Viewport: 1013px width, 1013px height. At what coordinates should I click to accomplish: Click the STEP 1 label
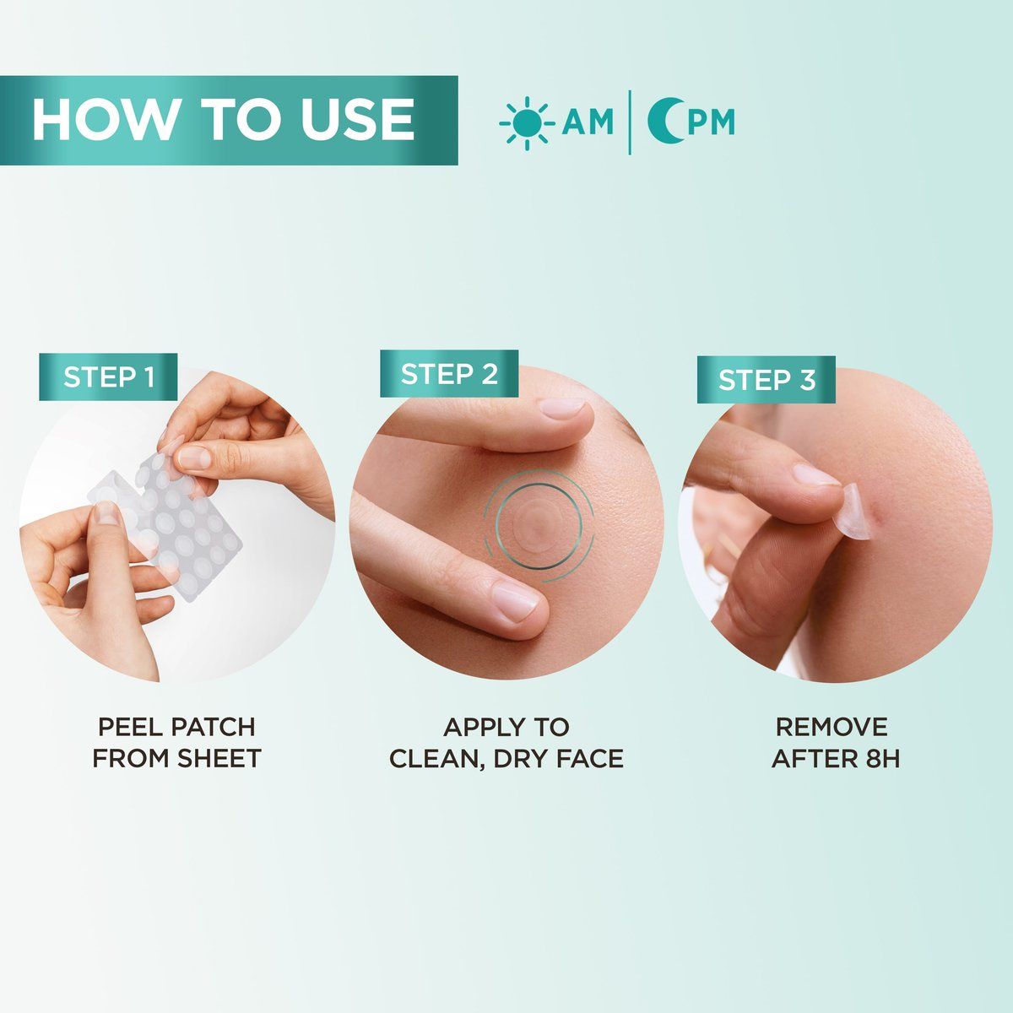[109, 377]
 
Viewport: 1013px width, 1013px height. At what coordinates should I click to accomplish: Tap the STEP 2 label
[449, 374]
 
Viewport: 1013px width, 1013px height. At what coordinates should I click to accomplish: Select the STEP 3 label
[767, 380]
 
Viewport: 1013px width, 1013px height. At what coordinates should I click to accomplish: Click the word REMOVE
[832, 727]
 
